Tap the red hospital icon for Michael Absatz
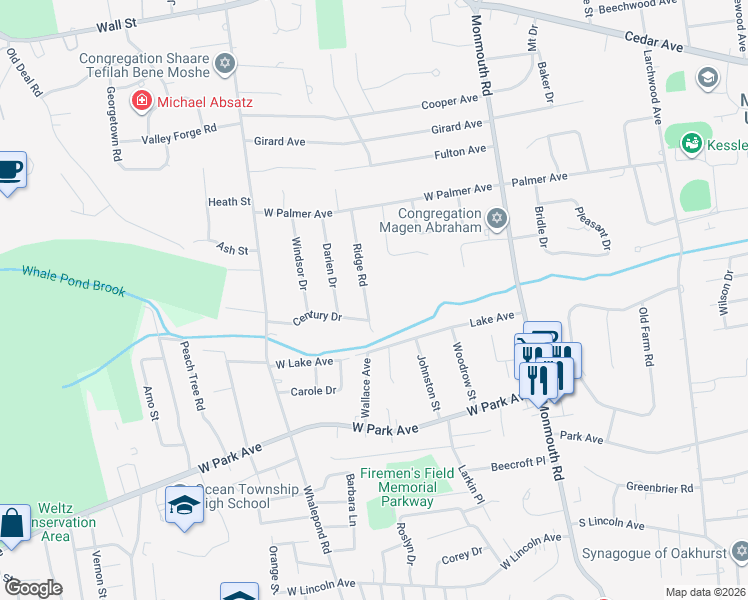(x=141, y=101)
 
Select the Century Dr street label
(x=317, y=317)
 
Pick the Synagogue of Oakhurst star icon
(x=739, y=551)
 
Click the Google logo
(x=32, y=587)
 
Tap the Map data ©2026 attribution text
(x=705, y=592)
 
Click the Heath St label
(x=229, y=202)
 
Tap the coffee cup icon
(x=10, y=170)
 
